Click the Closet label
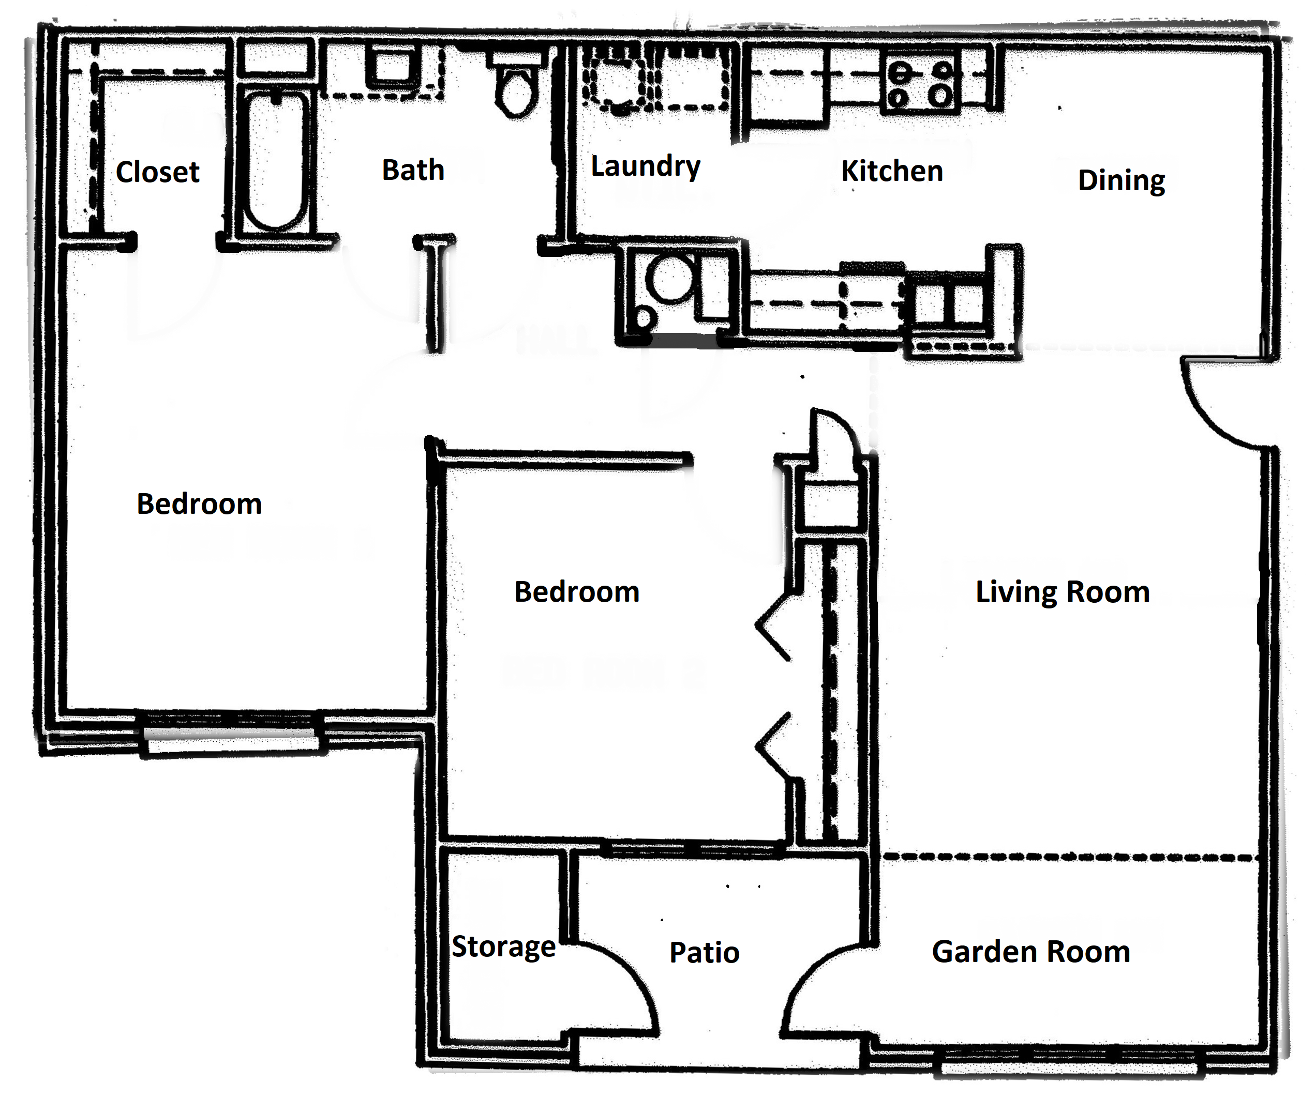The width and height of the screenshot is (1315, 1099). coord(157,172)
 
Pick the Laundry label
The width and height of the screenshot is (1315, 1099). coord(646,166)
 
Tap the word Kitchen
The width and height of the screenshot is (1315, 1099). coord(892,172)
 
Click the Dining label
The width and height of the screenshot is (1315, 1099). coord(1121,181)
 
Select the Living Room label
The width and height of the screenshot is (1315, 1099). coord(1063,592)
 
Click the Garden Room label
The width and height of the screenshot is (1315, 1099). coord(1030,952)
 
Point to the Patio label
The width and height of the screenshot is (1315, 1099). coord(705,953)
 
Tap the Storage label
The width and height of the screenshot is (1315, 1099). coord(503,947)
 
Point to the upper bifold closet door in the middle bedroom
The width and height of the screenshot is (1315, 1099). coord(773,626)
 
